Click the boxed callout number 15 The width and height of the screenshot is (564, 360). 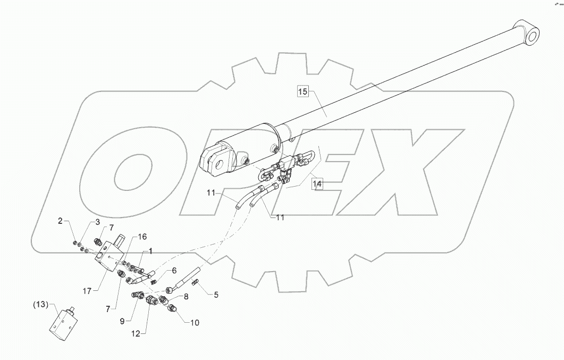coord(302,91)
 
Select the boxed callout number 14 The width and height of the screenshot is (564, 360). coord(317,184)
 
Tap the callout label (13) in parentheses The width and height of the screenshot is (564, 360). coord(40,305)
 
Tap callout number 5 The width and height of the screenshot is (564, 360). coord(216,294)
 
